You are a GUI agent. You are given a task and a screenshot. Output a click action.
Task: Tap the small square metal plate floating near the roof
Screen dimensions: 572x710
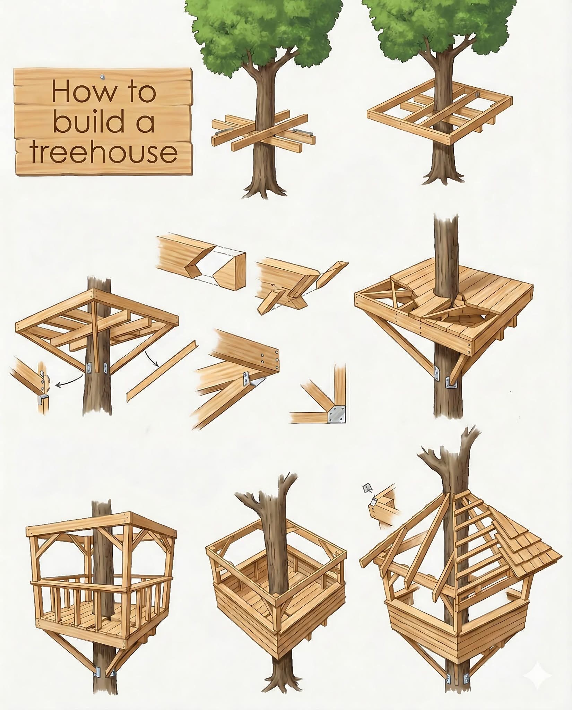coord(366,489)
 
